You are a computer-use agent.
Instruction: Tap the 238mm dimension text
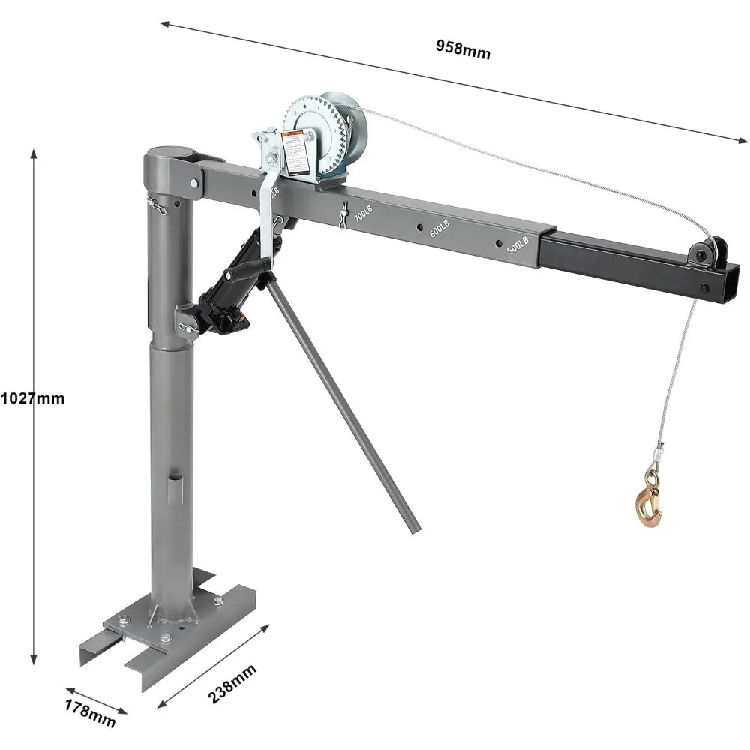click(232, 683)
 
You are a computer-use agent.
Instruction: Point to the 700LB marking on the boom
click(361, 217)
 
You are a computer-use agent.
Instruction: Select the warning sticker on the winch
click(297, 152)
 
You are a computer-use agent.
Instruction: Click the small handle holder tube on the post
click(173, 488)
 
